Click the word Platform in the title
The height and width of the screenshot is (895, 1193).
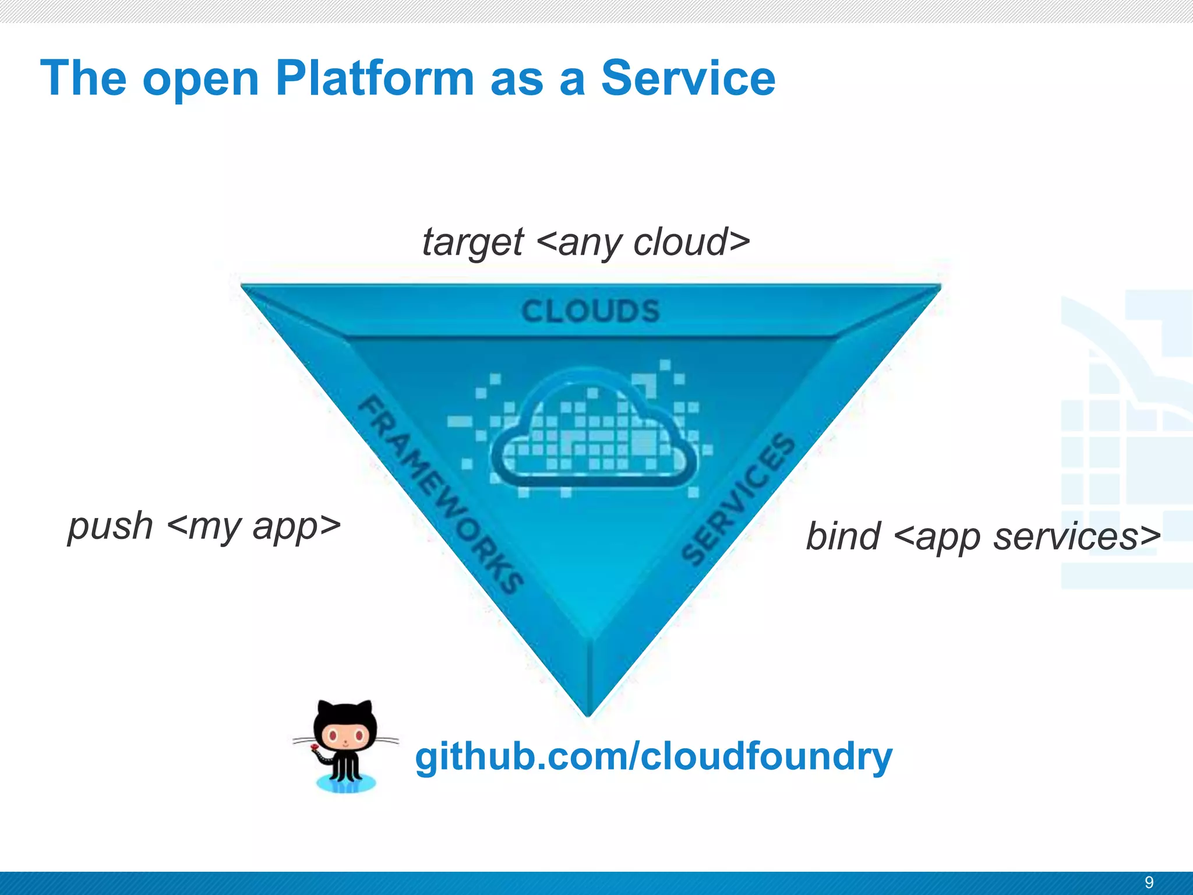click(375, 78)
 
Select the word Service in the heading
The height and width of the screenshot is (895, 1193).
click(688, 78)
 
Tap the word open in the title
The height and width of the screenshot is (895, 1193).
click(200, 80)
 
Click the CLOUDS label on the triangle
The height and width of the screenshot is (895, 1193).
click(590, 311)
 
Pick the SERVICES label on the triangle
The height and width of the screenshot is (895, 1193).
click(739, 499)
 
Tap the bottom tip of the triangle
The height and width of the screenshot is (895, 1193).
click(588, 712)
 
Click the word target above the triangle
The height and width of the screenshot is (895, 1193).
click(472, 242)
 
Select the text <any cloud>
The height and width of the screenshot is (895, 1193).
click(643, 241)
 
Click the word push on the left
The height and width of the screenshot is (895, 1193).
click(110, 526)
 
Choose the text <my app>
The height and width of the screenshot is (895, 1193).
click(253, 526)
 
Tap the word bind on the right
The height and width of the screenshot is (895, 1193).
click(842, 536)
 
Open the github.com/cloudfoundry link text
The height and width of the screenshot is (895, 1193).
click(653, 756)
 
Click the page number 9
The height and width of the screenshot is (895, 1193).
click(1149, 882)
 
